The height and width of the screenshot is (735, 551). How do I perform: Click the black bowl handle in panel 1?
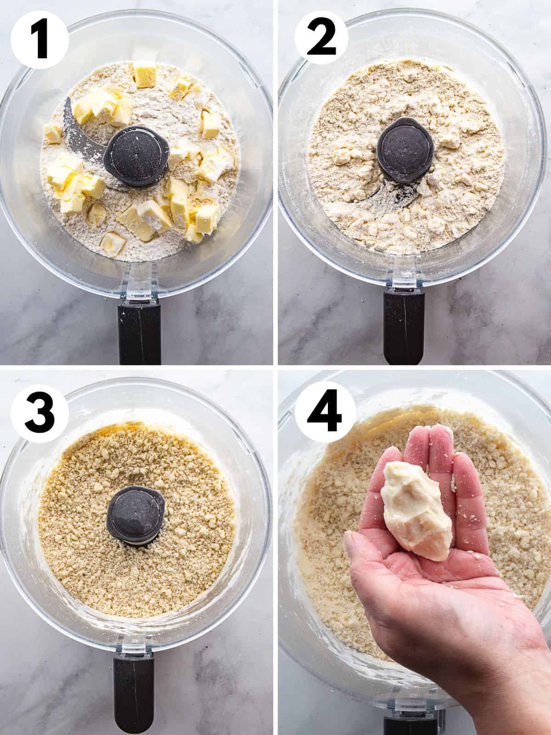(139, 333)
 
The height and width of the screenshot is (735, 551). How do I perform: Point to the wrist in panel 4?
(519, 689)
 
